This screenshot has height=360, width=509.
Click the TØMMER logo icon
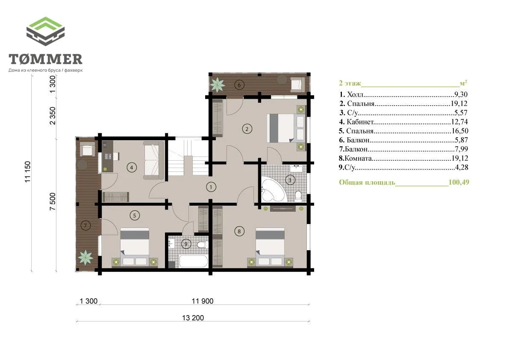[45, 32]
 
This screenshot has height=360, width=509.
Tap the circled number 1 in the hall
[211, 187]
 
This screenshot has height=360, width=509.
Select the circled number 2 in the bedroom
[247, 129]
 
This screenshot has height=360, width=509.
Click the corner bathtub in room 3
[272, 189]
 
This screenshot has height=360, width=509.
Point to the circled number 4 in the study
[132, 168]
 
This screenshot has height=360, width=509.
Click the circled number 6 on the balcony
[239, 86]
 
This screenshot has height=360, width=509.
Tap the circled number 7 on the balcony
[85, 226]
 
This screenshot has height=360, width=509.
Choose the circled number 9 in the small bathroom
[186, 244]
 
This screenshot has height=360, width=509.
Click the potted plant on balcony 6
[217, 85]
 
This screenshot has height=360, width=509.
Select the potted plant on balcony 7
[85, 258]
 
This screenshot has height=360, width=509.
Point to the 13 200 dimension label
[193, 318]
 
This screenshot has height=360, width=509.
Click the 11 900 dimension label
[203, 301]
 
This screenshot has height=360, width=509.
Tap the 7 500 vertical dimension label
[53, 201]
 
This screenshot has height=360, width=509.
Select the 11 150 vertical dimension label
[28, 171]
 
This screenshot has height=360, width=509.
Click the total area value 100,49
[459, 182]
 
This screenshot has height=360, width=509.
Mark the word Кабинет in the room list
[360, 122]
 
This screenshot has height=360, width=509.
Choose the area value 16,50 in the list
[460, 131]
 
